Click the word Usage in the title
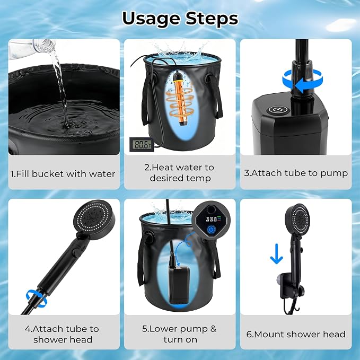151,19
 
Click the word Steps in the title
212,19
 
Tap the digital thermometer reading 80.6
142,144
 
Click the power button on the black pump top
276,110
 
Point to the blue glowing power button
211,229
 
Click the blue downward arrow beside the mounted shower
276,254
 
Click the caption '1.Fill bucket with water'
63,174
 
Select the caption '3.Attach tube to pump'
296,173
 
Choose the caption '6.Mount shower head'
296,334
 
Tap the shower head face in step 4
93,216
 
